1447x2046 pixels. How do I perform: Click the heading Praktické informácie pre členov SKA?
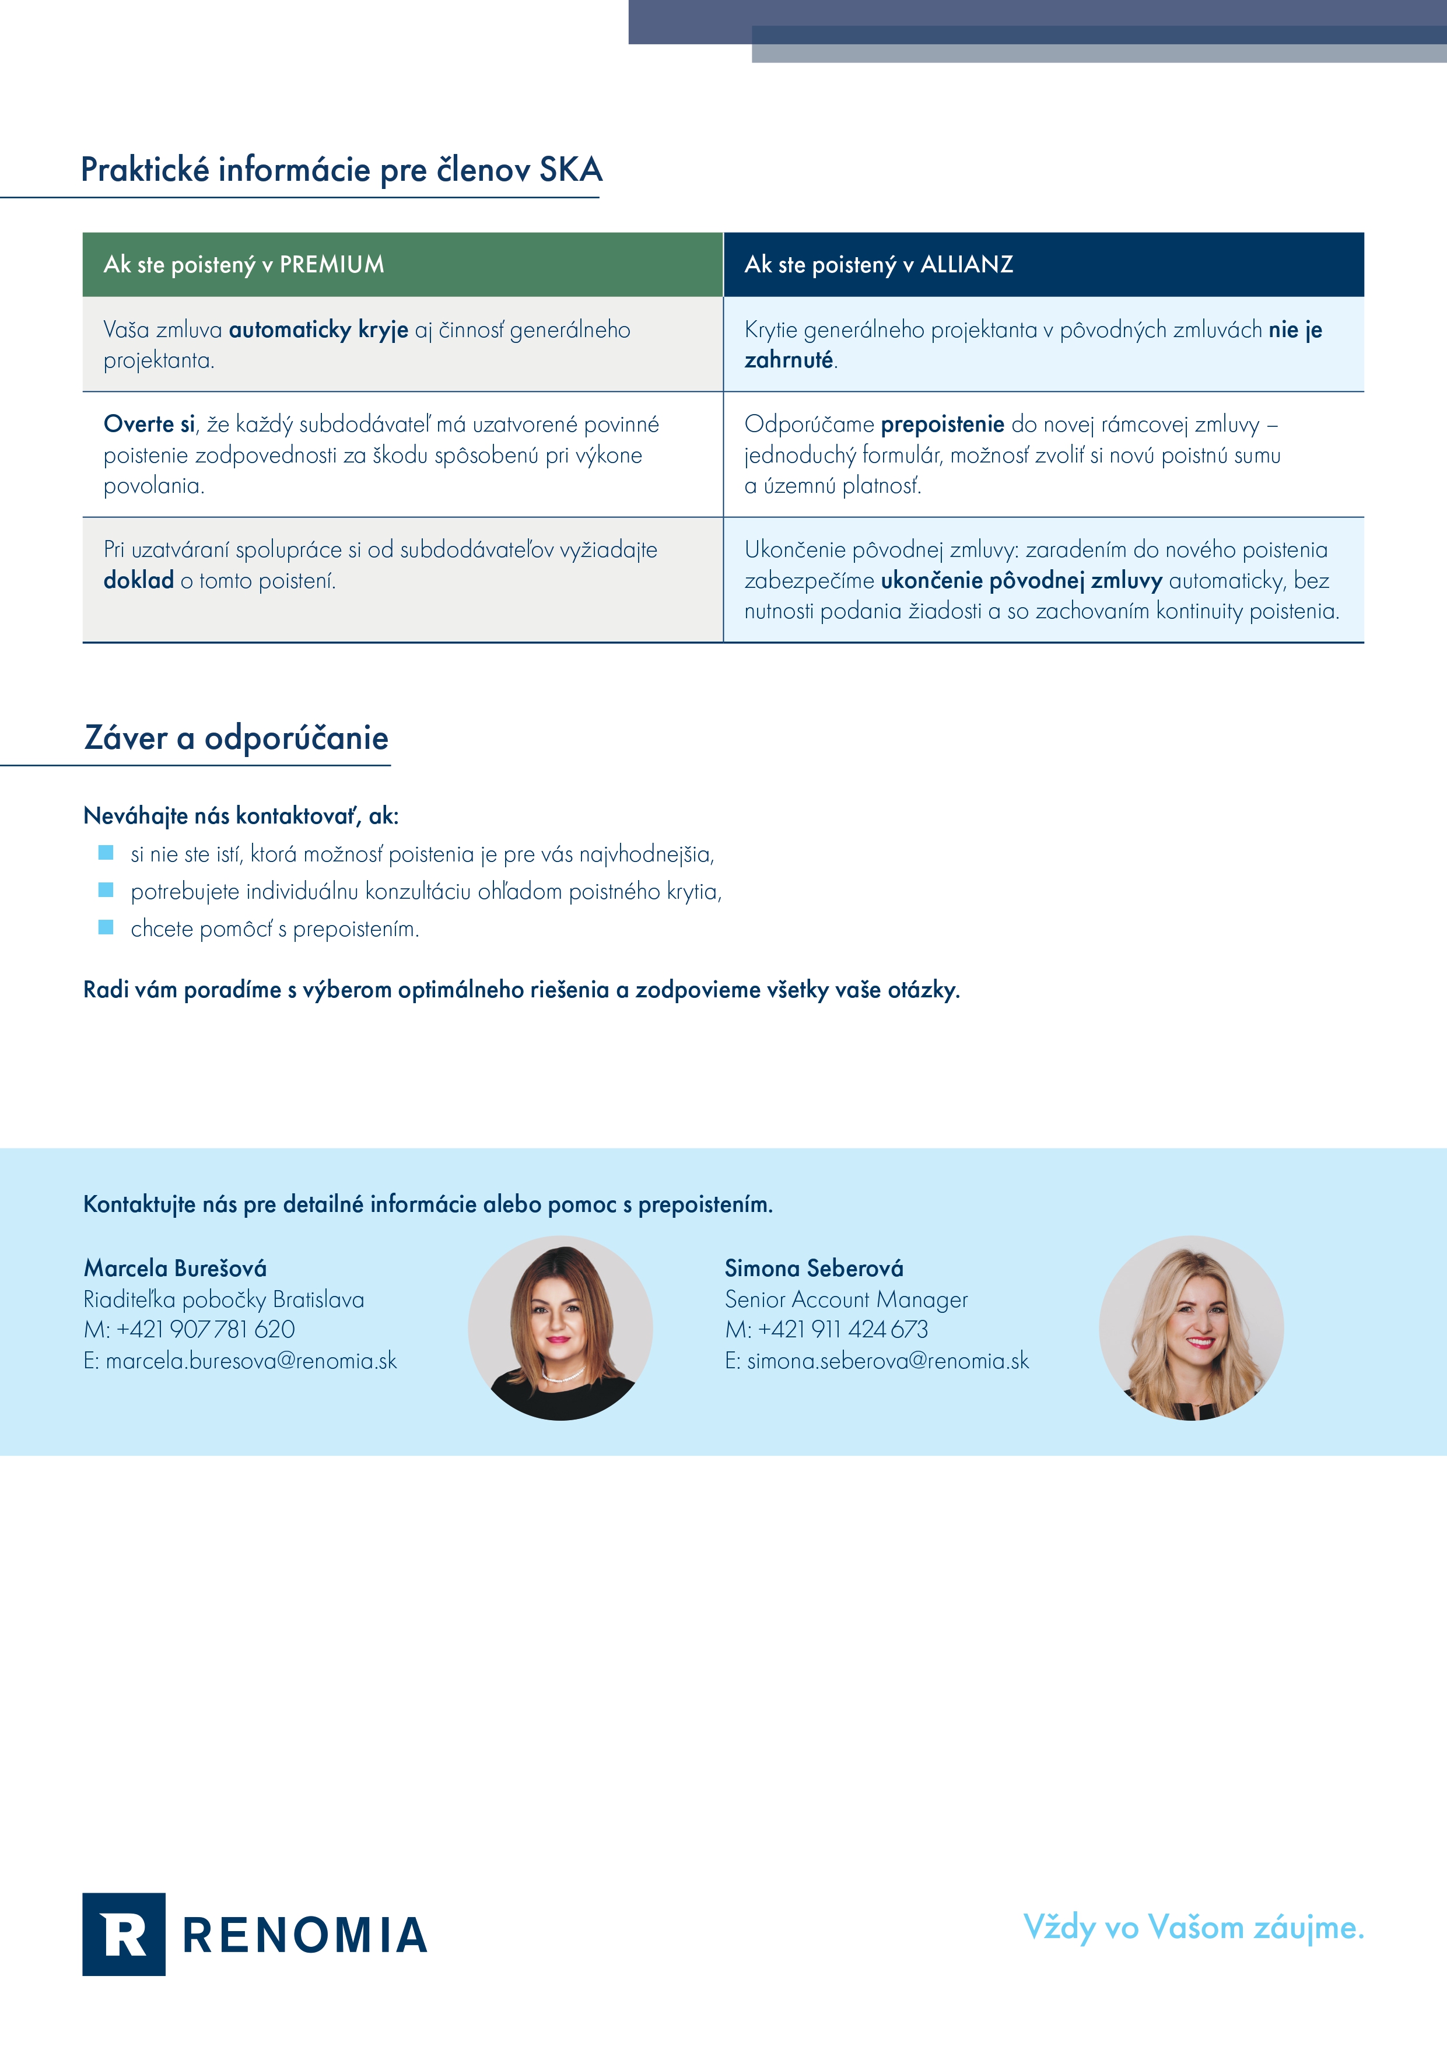(341, 169)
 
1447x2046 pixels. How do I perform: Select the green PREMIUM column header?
(402, 265)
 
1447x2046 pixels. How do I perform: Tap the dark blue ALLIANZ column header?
(1043, 265)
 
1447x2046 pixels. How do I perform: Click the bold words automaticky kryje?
(318, 330)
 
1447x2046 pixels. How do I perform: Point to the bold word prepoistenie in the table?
(942, 424)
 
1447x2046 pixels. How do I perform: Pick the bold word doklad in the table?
(138, 580)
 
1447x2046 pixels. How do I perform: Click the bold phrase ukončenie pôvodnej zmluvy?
(1021, 581)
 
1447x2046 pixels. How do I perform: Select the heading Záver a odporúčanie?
(236, 738)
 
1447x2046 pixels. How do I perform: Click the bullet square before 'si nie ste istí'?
(106, 853)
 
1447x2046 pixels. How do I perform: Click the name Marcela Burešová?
(176, 1268)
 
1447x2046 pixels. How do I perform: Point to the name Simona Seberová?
(814, 1268)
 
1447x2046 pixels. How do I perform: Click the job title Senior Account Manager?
(846, 1299)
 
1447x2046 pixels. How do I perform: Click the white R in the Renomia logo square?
(124, 1935)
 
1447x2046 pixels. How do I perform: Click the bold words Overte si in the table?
(149, 424)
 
